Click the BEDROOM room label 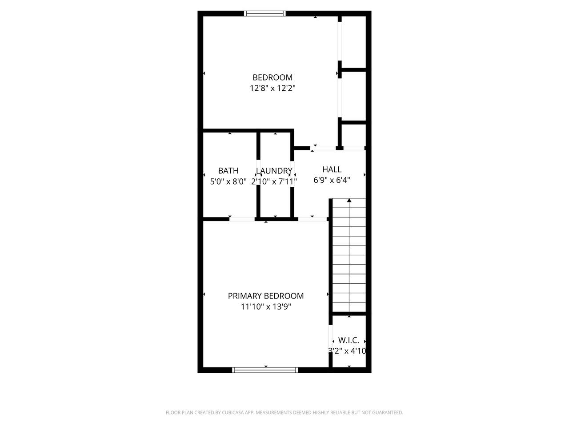pyautogui.click(x=272, y=77)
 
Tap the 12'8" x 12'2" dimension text pyautogui.click(x=272, y=88)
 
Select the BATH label pyautogui.click(x=228, y=171)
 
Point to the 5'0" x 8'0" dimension pyautogui.click(x=228, y=181)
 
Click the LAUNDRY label pyautogui.click(x=274, y=171)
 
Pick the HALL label pyautogui.click(x=332, y=169)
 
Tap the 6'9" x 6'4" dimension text pyautogui.click(x=332, y=180)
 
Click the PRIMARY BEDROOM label pyautogui.click(x=266, y=296)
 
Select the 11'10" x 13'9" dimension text pyautogui.click(x=266, y=307)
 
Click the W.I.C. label pyautogui.click(x=349, y=340)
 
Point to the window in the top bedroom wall pyautogui.click(x=264, y=13)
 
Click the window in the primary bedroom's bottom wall pyautogui.click(x=265, y=370)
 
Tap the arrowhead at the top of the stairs pyautogui.click(x=349, y=200)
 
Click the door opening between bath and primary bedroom pyautogui.click(x=242, y=219)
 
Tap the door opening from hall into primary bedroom pyautogui.click(x=313, y=219)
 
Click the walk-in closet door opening pyautogui.click(x=331, y=338)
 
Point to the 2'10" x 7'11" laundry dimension pyautogui.click(x=274, y=181)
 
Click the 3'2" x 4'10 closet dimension pyautogui.click(x=347, y=351)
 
